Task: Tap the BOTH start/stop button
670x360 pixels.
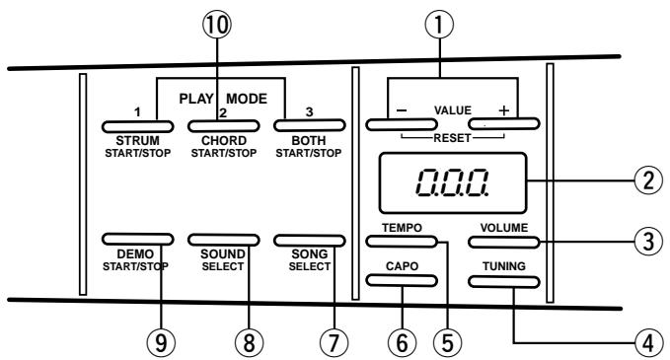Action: tap(311, 126)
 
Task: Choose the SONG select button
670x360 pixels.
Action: tap(311, 239)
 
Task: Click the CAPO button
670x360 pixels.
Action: tap(404, 280)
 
